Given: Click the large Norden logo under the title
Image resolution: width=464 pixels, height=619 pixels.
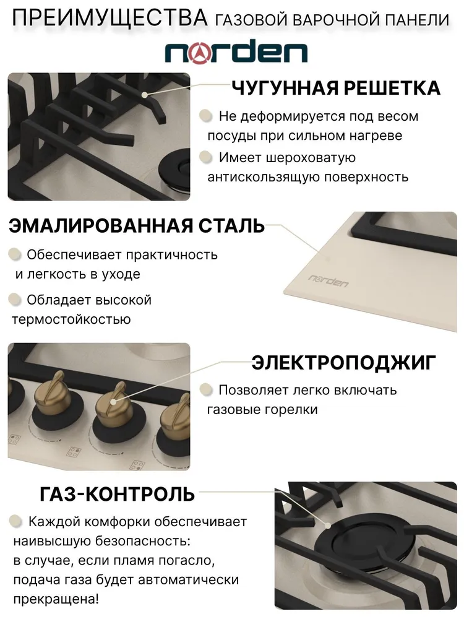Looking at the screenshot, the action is (236, 52).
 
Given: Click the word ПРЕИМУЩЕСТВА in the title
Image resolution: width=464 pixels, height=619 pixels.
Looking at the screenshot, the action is (110, 18).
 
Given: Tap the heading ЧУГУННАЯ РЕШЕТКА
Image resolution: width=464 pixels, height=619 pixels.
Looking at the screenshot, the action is (335, 88).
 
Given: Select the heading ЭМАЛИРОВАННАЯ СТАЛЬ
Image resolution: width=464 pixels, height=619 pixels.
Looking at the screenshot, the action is (137, 225).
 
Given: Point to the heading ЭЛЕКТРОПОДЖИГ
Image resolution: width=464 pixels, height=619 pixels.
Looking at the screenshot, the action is (343, 362).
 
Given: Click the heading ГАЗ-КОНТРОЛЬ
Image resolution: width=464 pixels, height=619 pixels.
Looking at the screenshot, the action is (117, 494).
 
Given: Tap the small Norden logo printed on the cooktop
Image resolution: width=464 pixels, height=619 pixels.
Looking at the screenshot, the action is (328, 280).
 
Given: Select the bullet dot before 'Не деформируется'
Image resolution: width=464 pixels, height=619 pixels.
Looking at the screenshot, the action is (205, 116).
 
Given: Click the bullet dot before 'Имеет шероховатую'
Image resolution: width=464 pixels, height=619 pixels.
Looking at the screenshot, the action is (205, 157).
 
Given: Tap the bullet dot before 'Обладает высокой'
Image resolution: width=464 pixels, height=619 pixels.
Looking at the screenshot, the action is (15, 300).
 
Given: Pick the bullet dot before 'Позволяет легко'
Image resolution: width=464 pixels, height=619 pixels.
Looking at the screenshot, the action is (205, 389).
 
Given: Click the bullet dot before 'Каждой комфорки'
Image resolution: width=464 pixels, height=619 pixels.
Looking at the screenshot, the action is (15, 521).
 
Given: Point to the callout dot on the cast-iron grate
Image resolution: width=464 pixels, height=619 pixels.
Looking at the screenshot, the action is (145, 95).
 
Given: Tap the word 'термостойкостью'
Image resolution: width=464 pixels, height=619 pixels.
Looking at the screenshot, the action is (71, 319).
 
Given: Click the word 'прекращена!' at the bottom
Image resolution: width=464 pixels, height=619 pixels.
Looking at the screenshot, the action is (56, 599).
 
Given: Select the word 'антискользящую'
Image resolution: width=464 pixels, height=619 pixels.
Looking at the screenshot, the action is (264, 177).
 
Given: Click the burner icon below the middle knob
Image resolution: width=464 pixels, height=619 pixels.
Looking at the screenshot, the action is (74, 452).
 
